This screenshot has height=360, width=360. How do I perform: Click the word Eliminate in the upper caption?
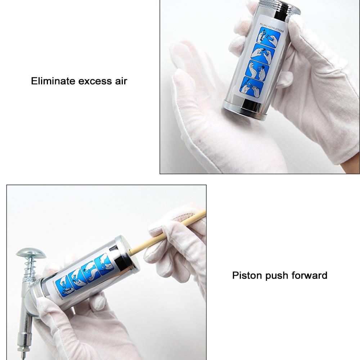pos(52,81)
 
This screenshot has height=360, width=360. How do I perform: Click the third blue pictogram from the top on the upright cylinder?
pos(258,71)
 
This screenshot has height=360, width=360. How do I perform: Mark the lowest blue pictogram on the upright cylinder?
pos(252,86)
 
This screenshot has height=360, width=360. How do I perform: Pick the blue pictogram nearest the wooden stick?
pos(107,264)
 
